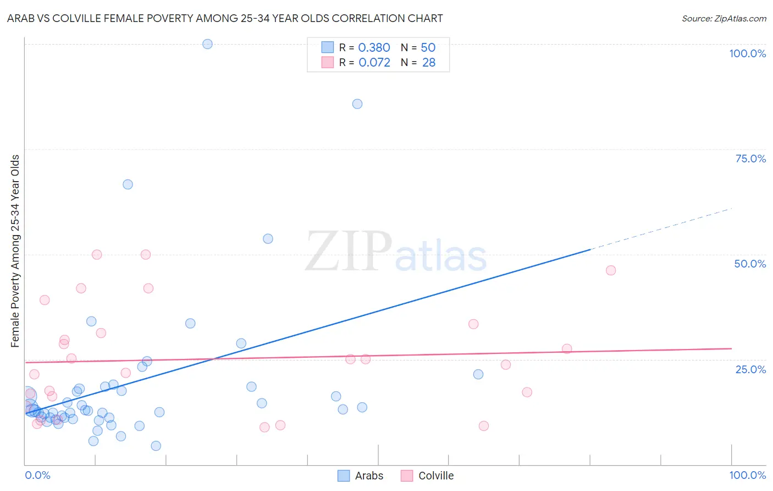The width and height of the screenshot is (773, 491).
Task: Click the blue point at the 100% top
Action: [207, 44]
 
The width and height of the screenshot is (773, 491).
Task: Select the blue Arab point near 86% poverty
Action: [357, 104]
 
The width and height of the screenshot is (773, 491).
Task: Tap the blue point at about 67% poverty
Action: [128, 184]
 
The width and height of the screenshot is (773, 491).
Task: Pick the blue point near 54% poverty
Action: [268, 239]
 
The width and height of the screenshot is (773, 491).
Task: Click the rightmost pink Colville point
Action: [611, 270]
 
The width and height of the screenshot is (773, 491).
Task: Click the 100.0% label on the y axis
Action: [747, 53]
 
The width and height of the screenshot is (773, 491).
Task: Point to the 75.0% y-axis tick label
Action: [750, 159]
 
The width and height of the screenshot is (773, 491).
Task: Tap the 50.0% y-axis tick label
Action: [750, 264]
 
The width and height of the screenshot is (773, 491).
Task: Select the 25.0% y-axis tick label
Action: [750, 369]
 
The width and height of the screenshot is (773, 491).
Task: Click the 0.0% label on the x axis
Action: [37, 475]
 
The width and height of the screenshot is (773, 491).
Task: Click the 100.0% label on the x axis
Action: [747, 475]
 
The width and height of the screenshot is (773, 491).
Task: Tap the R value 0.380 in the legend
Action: [374, 48]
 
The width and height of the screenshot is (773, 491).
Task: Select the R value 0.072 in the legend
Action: [374, 63]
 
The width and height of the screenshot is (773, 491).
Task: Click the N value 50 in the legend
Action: [428, 48]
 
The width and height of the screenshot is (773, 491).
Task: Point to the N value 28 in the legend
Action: [429, 63]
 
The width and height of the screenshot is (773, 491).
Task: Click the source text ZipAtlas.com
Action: [740, 19]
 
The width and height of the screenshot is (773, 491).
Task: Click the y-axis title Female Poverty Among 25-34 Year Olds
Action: [15, 251]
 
